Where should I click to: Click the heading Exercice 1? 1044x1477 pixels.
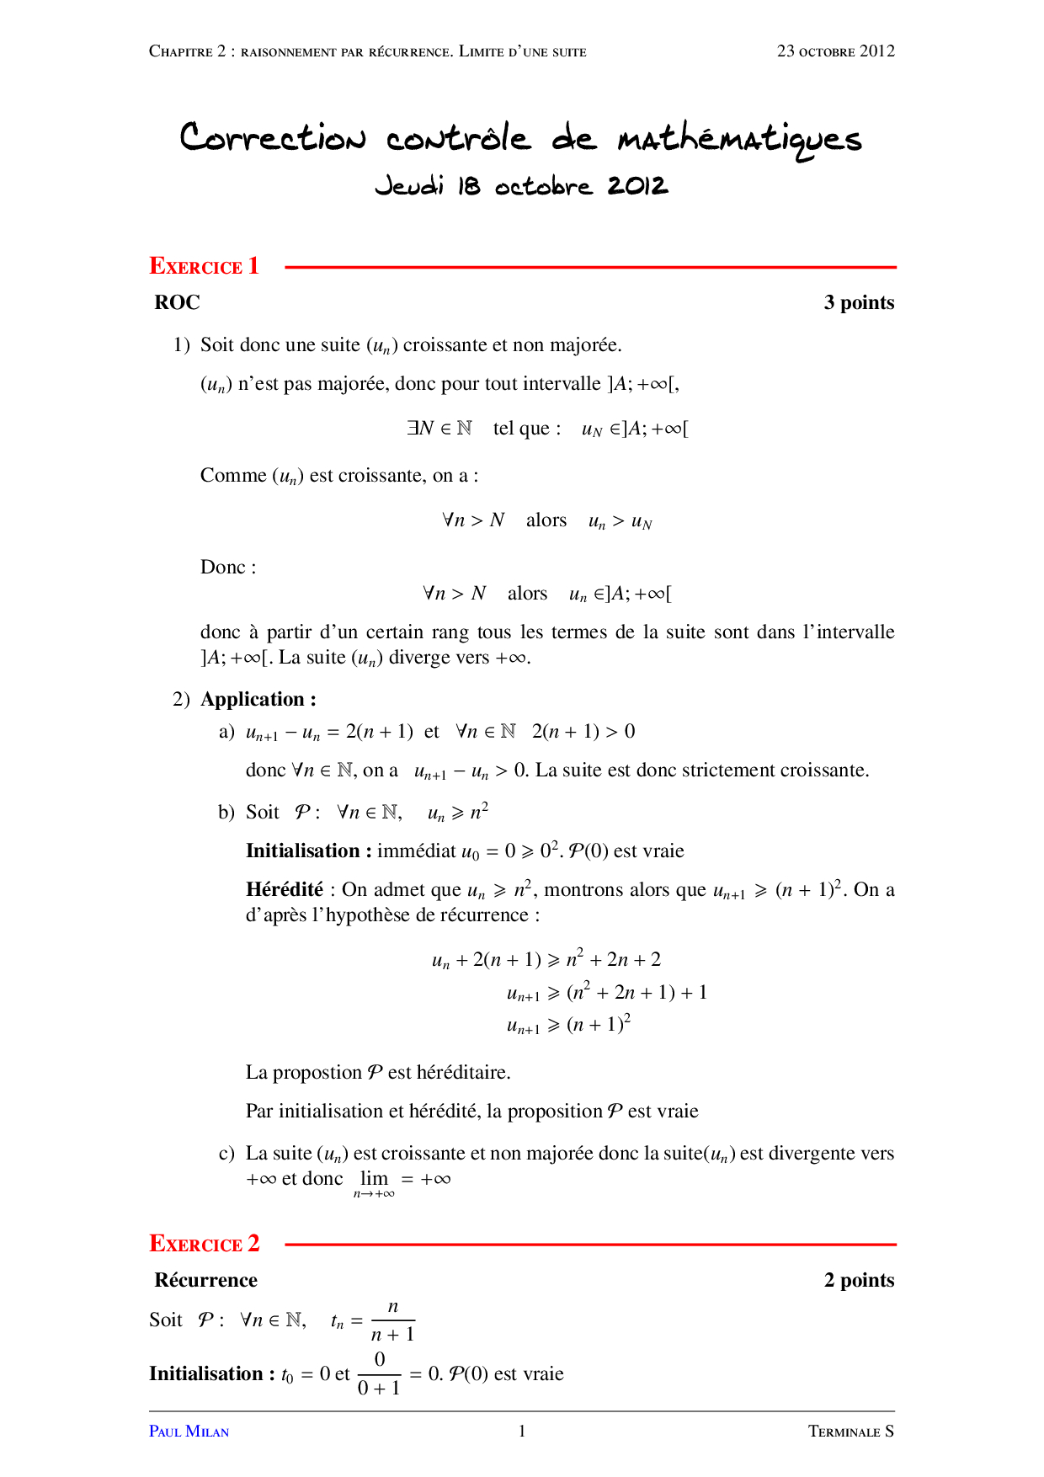204,266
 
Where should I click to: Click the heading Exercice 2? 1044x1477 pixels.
204,1243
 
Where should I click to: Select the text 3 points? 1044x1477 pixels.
858,302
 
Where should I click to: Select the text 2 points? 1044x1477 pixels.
858,1280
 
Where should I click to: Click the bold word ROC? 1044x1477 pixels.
177,302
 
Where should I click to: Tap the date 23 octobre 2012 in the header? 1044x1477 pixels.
835,51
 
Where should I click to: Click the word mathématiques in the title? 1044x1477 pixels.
739,140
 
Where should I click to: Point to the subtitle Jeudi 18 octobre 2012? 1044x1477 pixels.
521,185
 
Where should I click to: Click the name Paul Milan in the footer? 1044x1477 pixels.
189,1432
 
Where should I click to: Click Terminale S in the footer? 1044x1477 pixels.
850,1432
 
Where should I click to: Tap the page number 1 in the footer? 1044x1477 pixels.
522,1431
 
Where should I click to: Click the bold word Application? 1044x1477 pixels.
253,699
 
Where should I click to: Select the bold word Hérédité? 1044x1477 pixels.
284,889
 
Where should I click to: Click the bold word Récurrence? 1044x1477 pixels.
205,1280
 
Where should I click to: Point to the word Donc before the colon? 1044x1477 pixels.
222,567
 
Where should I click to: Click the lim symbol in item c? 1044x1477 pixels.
374,1179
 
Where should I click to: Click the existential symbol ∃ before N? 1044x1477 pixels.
412,428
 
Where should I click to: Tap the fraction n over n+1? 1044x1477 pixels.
393,1320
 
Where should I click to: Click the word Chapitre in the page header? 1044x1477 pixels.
180,51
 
